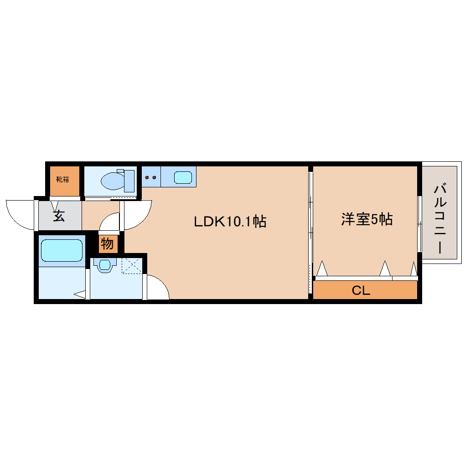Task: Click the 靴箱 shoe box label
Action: pyautogui.click(x=62, y=179)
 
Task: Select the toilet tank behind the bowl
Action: pyautogui.click(x=128, y=181)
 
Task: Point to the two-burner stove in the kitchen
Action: pyautogui.click(x=150, y=177)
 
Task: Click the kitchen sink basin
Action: pyautogui.click(x=183, y=177)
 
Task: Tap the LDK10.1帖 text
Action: pyautogui.click(x=230, y=222)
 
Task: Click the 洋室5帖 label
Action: pyautogui.click(x=366, y=220)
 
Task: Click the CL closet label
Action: pyautogui.click(x=361, y=290)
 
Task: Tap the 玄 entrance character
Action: pyautogui.click(x=58, y=216)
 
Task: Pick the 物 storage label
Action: pyautogui.click(x=107, y=244)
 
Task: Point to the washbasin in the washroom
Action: pyautogui.click(x=105, y=265)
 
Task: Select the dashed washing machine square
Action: pyautogui.click(x=132, y=265)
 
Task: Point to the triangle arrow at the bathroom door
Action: pyautogui.click(x=80, y=295)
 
